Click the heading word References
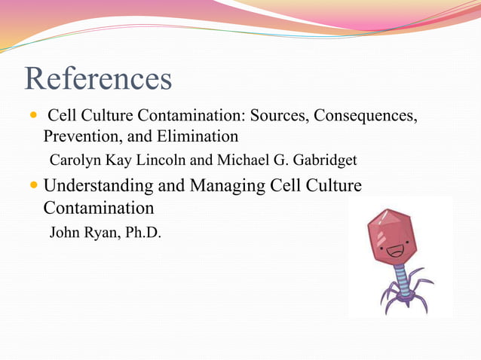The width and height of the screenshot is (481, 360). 98,78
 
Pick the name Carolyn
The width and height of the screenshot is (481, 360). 74,160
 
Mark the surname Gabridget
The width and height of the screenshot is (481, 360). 320,160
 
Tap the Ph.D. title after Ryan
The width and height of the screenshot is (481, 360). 140,233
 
